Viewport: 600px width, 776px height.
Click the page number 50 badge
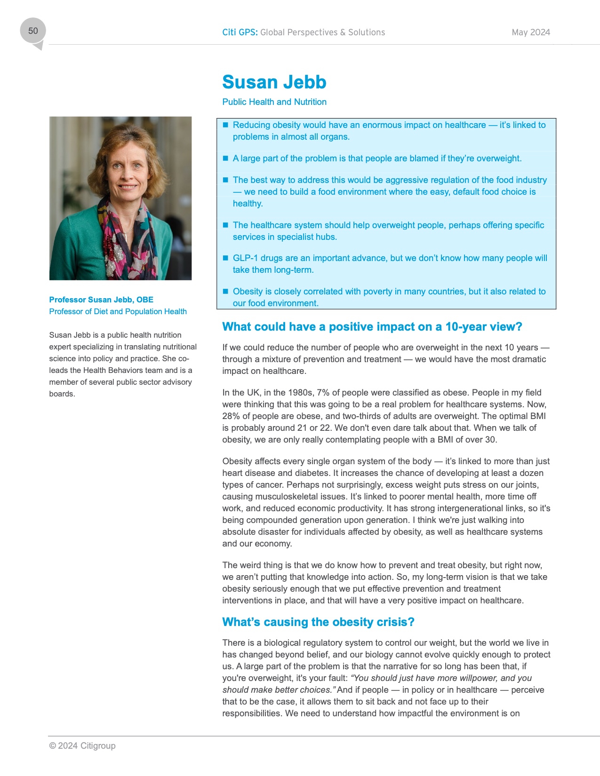click(33, 31)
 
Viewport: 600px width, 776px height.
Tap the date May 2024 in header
click(531, 32)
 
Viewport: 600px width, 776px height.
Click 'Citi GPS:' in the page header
click(240, 32)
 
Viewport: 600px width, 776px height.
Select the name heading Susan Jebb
click(274, 82)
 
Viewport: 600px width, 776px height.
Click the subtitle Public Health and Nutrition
click(274, 102)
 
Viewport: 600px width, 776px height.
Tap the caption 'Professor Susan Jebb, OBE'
click(101, 300)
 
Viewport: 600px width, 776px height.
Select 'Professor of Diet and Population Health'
click(118, 311)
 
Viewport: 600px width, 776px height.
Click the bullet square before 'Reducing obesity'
click(225, 125)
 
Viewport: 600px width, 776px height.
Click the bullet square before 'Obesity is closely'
click(225, 292)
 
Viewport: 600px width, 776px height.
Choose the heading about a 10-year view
click(372, 327)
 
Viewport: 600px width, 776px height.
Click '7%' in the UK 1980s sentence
click(323, 393)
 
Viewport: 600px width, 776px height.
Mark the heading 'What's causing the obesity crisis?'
click(318, 622)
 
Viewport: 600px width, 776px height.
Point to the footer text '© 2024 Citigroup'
click(82, 746)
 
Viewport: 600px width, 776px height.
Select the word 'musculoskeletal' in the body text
click(285, 497)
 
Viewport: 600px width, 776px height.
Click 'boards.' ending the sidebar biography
click(62, 394)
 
